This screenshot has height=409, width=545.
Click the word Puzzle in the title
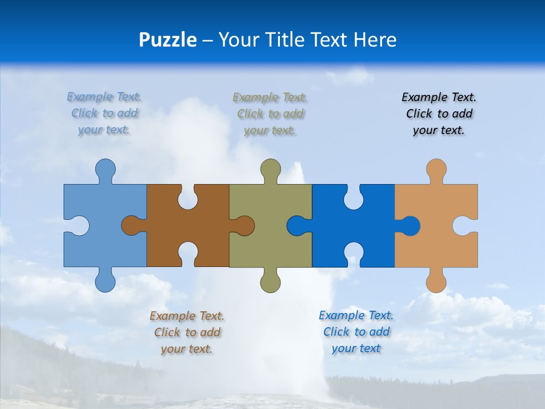pos(167,40)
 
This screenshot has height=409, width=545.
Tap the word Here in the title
pos(375,40)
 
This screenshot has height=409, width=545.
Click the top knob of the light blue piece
pos(105,169)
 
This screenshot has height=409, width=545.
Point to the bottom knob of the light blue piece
pos(105,282)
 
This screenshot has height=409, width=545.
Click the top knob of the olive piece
pos(271,169)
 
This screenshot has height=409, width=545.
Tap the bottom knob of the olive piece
pos(271,282)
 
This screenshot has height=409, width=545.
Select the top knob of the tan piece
pos(436,169)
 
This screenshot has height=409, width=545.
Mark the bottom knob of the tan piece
pos(436,282)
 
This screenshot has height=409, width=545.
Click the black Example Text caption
pos(439,114)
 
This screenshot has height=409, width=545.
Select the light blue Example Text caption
pos(104,113)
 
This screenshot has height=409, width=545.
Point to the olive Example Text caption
pos(270,114)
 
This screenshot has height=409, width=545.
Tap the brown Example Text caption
pos(187,332)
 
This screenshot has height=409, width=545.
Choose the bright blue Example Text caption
pos(356,332)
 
